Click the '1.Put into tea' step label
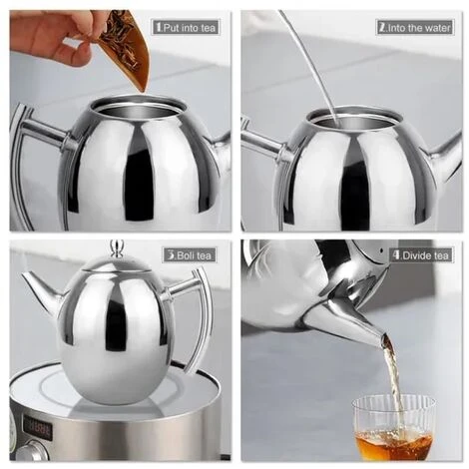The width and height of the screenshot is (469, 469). pos(186,27)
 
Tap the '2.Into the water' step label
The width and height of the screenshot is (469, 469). pos(415,28)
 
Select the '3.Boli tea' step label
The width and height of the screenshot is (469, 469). pos(190,255)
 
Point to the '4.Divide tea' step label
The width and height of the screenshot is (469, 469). pos(421,255)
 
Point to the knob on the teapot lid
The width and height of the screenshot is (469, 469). pos(117,248)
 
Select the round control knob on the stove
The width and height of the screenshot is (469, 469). pos(33,452)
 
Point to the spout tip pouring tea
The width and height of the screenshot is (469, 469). pos(384,339)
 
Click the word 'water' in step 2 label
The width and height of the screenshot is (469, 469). pos(438,28)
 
